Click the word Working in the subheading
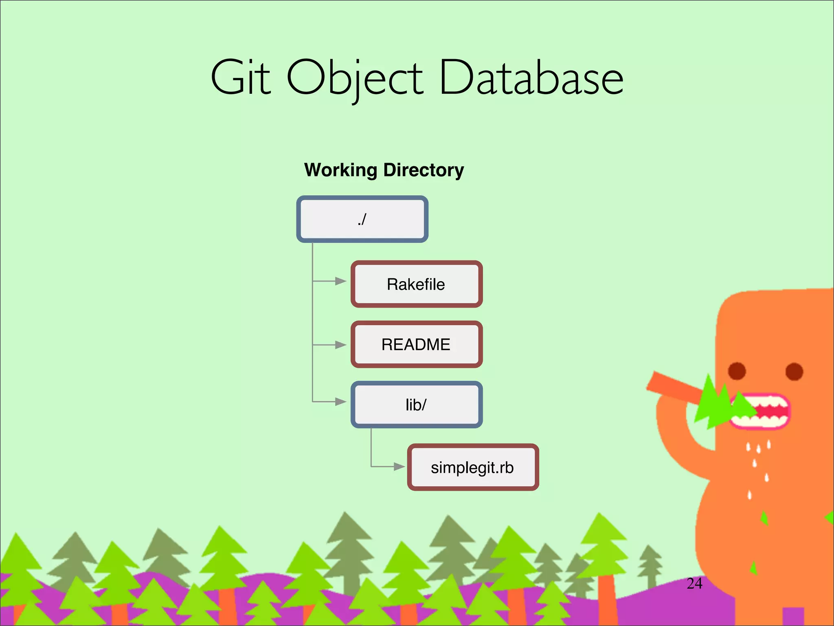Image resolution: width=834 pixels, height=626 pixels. pyautogui.click(x=341, y=170)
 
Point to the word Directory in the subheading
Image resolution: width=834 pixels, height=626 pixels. pyautogui.click(x=424, y=170)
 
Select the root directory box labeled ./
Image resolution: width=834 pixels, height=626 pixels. pyautogui.click(x=362, y=219)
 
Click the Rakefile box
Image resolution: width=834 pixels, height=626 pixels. pyautogui.click(x=416, y=284)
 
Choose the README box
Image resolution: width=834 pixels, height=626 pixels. pyautogui.click(x=416, y=344)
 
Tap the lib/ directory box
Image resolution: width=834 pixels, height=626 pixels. pyautogui.click(x=416, y=405)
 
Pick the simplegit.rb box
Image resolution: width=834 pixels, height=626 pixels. pyautogui.click(x=472, y=467)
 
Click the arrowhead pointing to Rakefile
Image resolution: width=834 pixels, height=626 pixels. pyautogui.click(x=340, y=281)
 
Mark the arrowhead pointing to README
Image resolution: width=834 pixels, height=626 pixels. pyautogui.click(x=340, y=345)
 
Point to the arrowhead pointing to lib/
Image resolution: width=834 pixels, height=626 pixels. pyautogui.click(x=340, y=402)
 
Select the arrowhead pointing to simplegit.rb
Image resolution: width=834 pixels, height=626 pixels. pyautogui.click(x=399, y=467)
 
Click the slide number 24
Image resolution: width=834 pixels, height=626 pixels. pyautogui.click(x=694, y=584)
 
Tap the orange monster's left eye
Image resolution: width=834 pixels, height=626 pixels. pyautogui.click(x=737, y=371)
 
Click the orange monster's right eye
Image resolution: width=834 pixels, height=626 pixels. pyautogui.click(x=794, y=371)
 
